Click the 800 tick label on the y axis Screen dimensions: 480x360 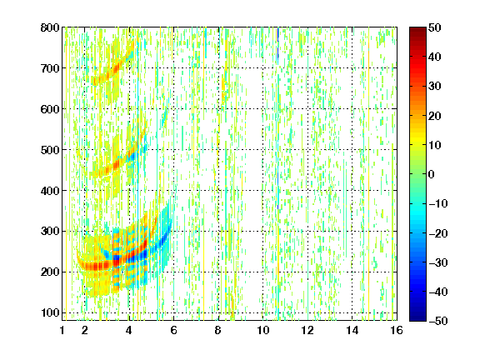(50, 27)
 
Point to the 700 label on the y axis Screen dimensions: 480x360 (50, 68)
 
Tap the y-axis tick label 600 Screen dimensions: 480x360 (50, 109)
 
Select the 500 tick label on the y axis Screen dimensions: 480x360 (50, 150)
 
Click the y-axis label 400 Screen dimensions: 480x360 (50, 191)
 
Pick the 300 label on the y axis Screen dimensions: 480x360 (50, 232)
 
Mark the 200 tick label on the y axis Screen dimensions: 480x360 (50, 272)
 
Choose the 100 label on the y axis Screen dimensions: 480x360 (50, 312)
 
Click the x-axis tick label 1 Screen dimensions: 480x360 (62, 330)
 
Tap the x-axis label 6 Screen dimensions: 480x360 (173, 330)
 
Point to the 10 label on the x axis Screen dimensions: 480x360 (263, 330)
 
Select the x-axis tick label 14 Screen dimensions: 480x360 (352, 330)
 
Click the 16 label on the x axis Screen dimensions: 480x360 (397, 330)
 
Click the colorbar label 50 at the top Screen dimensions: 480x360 (435, 27)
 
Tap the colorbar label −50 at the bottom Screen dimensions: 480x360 (438, 321)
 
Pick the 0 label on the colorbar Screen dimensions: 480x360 (432, 174)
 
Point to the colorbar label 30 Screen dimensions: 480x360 (435, 87)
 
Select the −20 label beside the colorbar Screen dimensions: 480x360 (438, 233)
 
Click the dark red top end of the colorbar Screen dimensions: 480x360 (417, 29)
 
